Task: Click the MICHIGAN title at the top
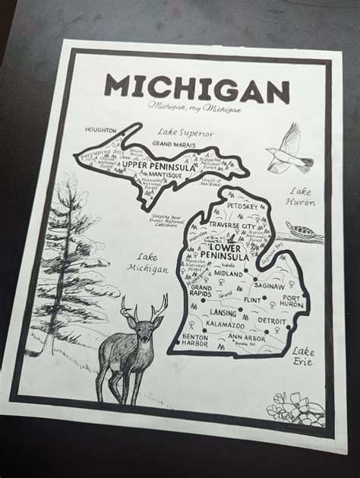[197, 87]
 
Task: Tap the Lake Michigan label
[149, 263]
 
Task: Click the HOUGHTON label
[103, 130]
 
